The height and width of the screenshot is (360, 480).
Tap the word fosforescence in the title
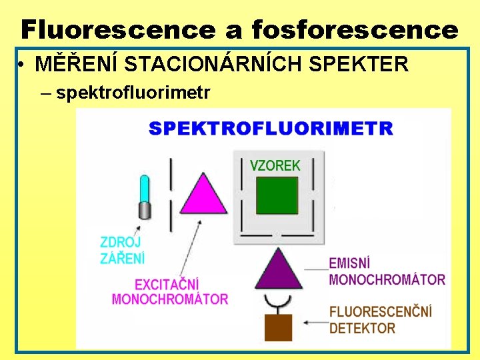(x=355, y=29)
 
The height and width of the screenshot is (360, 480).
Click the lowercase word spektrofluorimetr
(x=133, y=93)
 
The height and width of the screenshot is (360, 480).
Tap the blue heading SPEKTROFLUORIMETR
(x=271, y=128)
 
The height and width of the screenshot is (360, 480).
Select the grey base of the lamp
(x=143, y=211)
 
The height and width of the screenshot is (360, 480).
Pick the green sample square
(x=277, y=195)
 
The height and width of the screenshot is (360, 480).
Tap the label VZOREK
(x=275, y=165)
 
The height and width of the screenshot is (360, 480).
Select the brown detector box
(x=279, y=327)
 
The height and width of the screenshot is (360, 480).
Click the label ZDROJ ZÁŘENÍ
(x=122, y=250)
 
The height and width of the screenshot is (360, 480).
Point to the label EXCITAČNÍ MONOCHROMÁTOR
(x=170, y=292)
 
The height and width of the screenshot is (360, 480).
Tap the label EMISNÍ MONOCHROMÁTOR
(x=387, y=271)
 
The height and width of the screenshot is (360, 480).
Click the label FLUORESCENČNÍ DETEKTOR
(x=381, y=319)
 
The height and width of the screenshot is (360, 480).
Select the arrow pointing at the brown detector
(x=313, y=322)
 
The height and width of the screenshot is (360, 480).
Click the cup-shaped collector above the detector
(x=279, y=301)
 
